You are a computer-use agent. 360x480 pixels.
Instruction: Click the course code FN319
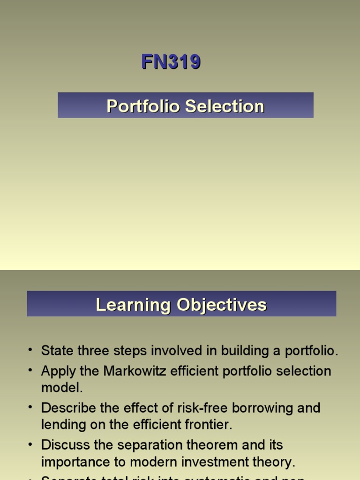(x=171, y=62)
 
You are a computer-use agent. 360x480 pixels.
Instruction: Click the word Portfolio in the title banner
(x=143, y=106)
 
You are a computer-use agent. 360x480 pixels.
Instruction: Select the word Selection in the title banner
(x=225, y=106)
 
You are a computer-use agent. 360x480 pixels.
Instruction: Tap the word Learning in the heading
(x=134, y=305)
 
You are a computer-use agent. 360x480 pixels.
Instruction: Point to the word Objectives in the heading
(x=222, y=305)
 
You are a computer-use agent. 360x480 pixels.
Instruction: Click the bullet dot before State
(x=30, y=350)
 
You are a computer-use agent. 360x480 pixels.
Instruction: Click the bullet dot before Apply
(x=30, y=370)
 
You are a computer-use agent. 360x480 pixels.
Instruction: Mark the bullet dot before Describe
(x=30, y=407)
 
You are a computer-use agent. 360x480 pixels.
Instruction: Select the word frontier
(x=204, y=424)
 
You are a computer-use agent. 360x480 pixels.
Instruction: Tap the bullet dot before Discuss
(x=30, y=443)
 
